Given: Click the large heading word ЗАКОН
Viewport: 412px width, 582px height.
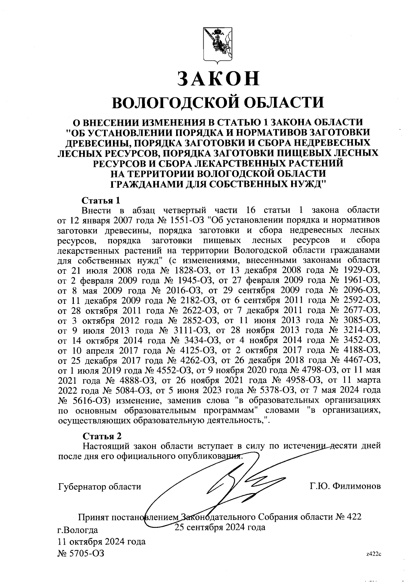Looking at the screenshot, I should click(218, 79).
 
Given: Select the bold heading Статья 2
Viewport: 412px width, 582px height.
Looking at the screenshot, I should click(102, 436).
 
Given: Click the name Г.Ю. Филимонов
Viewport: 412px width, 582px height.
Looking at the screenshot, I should click(345, 487).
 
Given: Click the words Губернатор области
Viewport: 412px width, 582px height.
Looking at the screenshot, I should click(100, 487).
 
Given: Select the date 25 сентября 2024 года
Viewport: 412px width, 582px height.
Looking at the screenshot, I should click(220, 527).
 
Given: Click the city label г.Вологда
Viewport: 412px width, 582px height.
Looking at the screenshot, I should click(78, 530).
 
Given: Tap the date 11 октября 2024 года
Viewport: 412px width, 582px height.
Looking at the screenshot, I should click(102, 542).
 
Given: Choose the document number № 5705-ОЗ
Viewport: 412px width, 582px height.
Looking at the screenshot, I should click(81, 553).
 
